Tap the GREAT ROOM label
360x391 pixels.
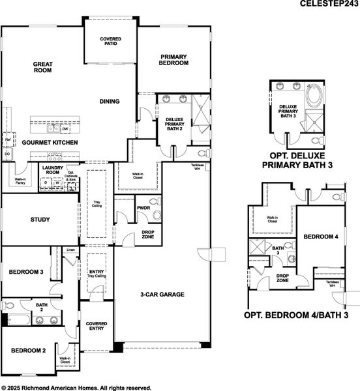pos(43,68)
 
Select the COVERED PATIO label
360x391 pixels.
pos(110,42)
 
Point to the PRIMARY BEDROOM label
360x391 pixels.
pos(174,60)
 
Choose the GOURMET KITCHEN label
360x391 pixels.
pos(50,142)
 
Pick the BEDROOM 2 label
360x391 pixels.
pos(28,351)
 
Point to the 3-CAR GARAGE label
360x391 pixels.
pos(163,295)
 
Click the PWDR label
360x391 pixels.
pos(144,208)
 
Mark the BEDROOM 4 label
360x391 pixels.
pos(321,237)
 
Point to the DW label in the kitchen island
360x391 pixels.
pos(66,129)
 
